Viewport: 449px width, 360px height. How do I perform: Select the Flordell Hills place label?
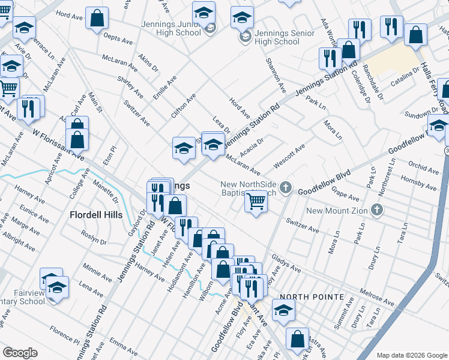click(x=96, y=215)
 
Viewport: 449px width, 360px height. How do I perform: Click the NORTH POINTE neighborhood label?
click(x=312, y=297)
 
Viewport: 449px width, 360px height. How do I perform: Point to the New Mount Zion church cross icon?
click(x=376, y=209)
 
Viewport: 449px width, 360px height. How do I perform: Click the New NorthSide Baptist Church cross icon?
click(x=286, y=188)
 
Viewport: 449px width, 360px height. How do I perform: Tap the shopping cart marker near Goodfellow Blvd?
click(x=256, y=203)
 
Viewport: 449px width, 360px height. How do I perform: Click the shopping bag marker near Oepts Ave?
click(x=97, y=18)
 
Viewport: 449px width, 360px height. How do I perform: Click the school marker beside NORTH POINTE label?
click(x=283, y=310)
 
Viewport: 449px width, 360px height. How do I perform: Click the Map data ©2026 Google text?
click(x=412, y=355)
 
